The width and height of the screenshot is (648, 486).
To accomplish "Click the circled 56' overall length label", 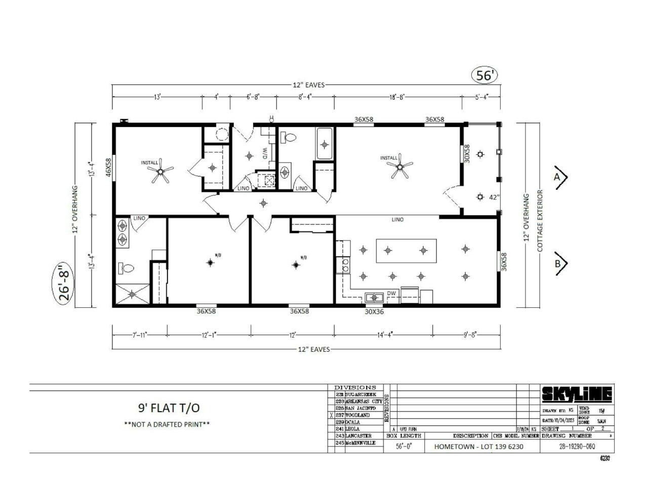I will click(484, 75).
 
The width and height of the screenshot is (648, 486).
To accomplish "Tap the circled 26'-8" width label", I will click(64, 282).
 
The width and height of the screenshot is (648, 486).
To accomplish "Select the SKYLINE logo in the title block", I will click(577, 394).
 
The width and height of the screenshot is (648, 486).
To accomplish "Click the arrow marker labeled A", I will click(560, 177).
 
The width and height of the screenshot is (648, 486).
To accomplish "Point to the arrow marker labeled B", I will click(560, 263).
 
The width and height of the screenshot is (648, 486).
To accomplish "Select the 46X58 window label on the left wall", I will click(108, 167).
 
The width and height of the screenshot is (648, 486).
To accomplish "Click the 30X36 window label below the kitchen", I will click(374, 312).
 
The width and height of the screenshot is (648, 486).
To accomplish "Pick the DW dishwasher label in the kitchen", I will click(391, 293).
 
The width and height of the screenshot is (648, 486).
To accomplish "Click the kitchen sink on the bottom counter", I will click(375, 297).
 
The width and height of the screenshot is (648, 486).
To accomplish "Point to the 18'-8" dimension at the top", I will click(397, 97).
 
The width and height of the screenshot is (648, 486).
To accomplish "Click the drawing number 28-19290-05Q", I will click(577, 447).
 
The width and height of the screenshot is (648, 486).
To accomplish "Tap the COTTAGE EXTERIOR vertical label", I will click(540, 221).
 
